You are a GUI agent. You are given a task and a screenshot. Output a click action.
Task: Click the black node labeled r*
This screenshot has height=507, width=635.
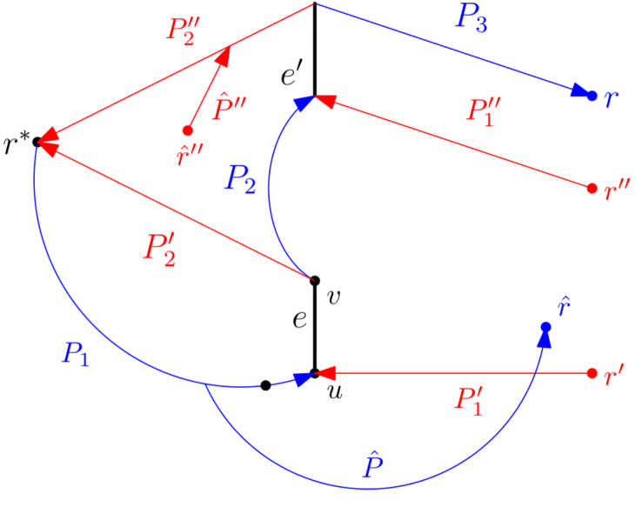pos(37,142)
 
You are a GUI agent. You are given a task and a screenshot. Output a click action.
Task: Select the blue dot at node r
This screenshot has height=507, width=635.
pos(592,95)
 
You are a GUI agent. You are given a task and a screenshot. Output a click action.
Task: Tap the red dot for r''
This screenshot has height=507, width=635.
pos(592,188)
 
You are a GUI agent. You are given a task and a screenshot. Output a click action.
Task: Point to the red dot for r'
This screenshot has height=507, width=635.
pos(592,374)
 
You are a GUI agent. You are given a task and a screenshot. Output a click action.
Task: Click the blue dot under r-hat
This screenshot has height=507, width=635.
pos(545,327)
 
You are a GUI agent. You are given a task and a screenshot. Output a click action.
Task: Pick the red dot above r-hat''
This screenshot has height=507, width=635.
pos(187,130)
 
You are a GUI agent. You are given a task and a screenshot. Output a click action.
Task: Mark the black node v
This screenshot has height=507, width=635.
pos(315,280)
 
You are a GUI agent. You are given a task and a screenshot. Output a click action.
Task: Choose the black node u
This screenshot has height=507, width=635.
pos(315,374)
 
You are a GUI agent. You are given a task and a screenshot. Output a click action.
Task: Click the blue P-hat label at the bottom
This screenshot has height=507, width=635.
pos(372,465)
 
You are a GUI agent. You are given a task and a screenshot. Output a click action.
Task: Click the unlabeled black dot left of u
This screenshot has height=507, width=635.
pos(266,385)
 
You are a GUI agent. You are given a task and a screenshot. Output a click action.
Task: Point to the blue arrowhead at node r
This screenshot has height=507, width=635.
pos(579,91)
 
